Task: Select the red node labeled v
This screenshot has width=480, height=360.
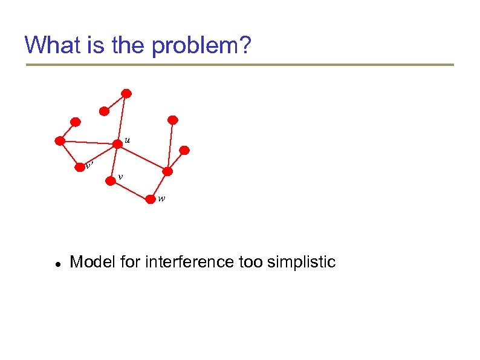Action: click(x=110, y=179)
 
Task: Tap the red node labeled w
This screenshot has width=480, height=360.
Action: click(x=151, y=198)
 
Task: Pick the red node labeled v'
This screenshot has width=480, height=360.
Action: click(x=79, y=167)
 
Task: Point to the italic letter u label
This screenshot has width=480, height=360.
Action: click(x=127, y=140)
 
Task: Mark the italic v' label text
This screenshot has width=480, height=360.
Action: click(x=89, y=164)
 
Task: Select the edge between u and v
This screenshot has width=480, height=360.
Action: click(x=114, y=162)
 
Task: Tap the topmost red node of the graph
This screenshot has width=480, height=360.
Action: click(x=126, y=93)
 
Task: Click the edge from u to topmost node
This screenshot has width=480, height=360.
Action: click(x=122, y=118)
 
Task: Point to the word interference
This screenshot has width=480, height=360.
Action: click(x=175, y=262)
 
